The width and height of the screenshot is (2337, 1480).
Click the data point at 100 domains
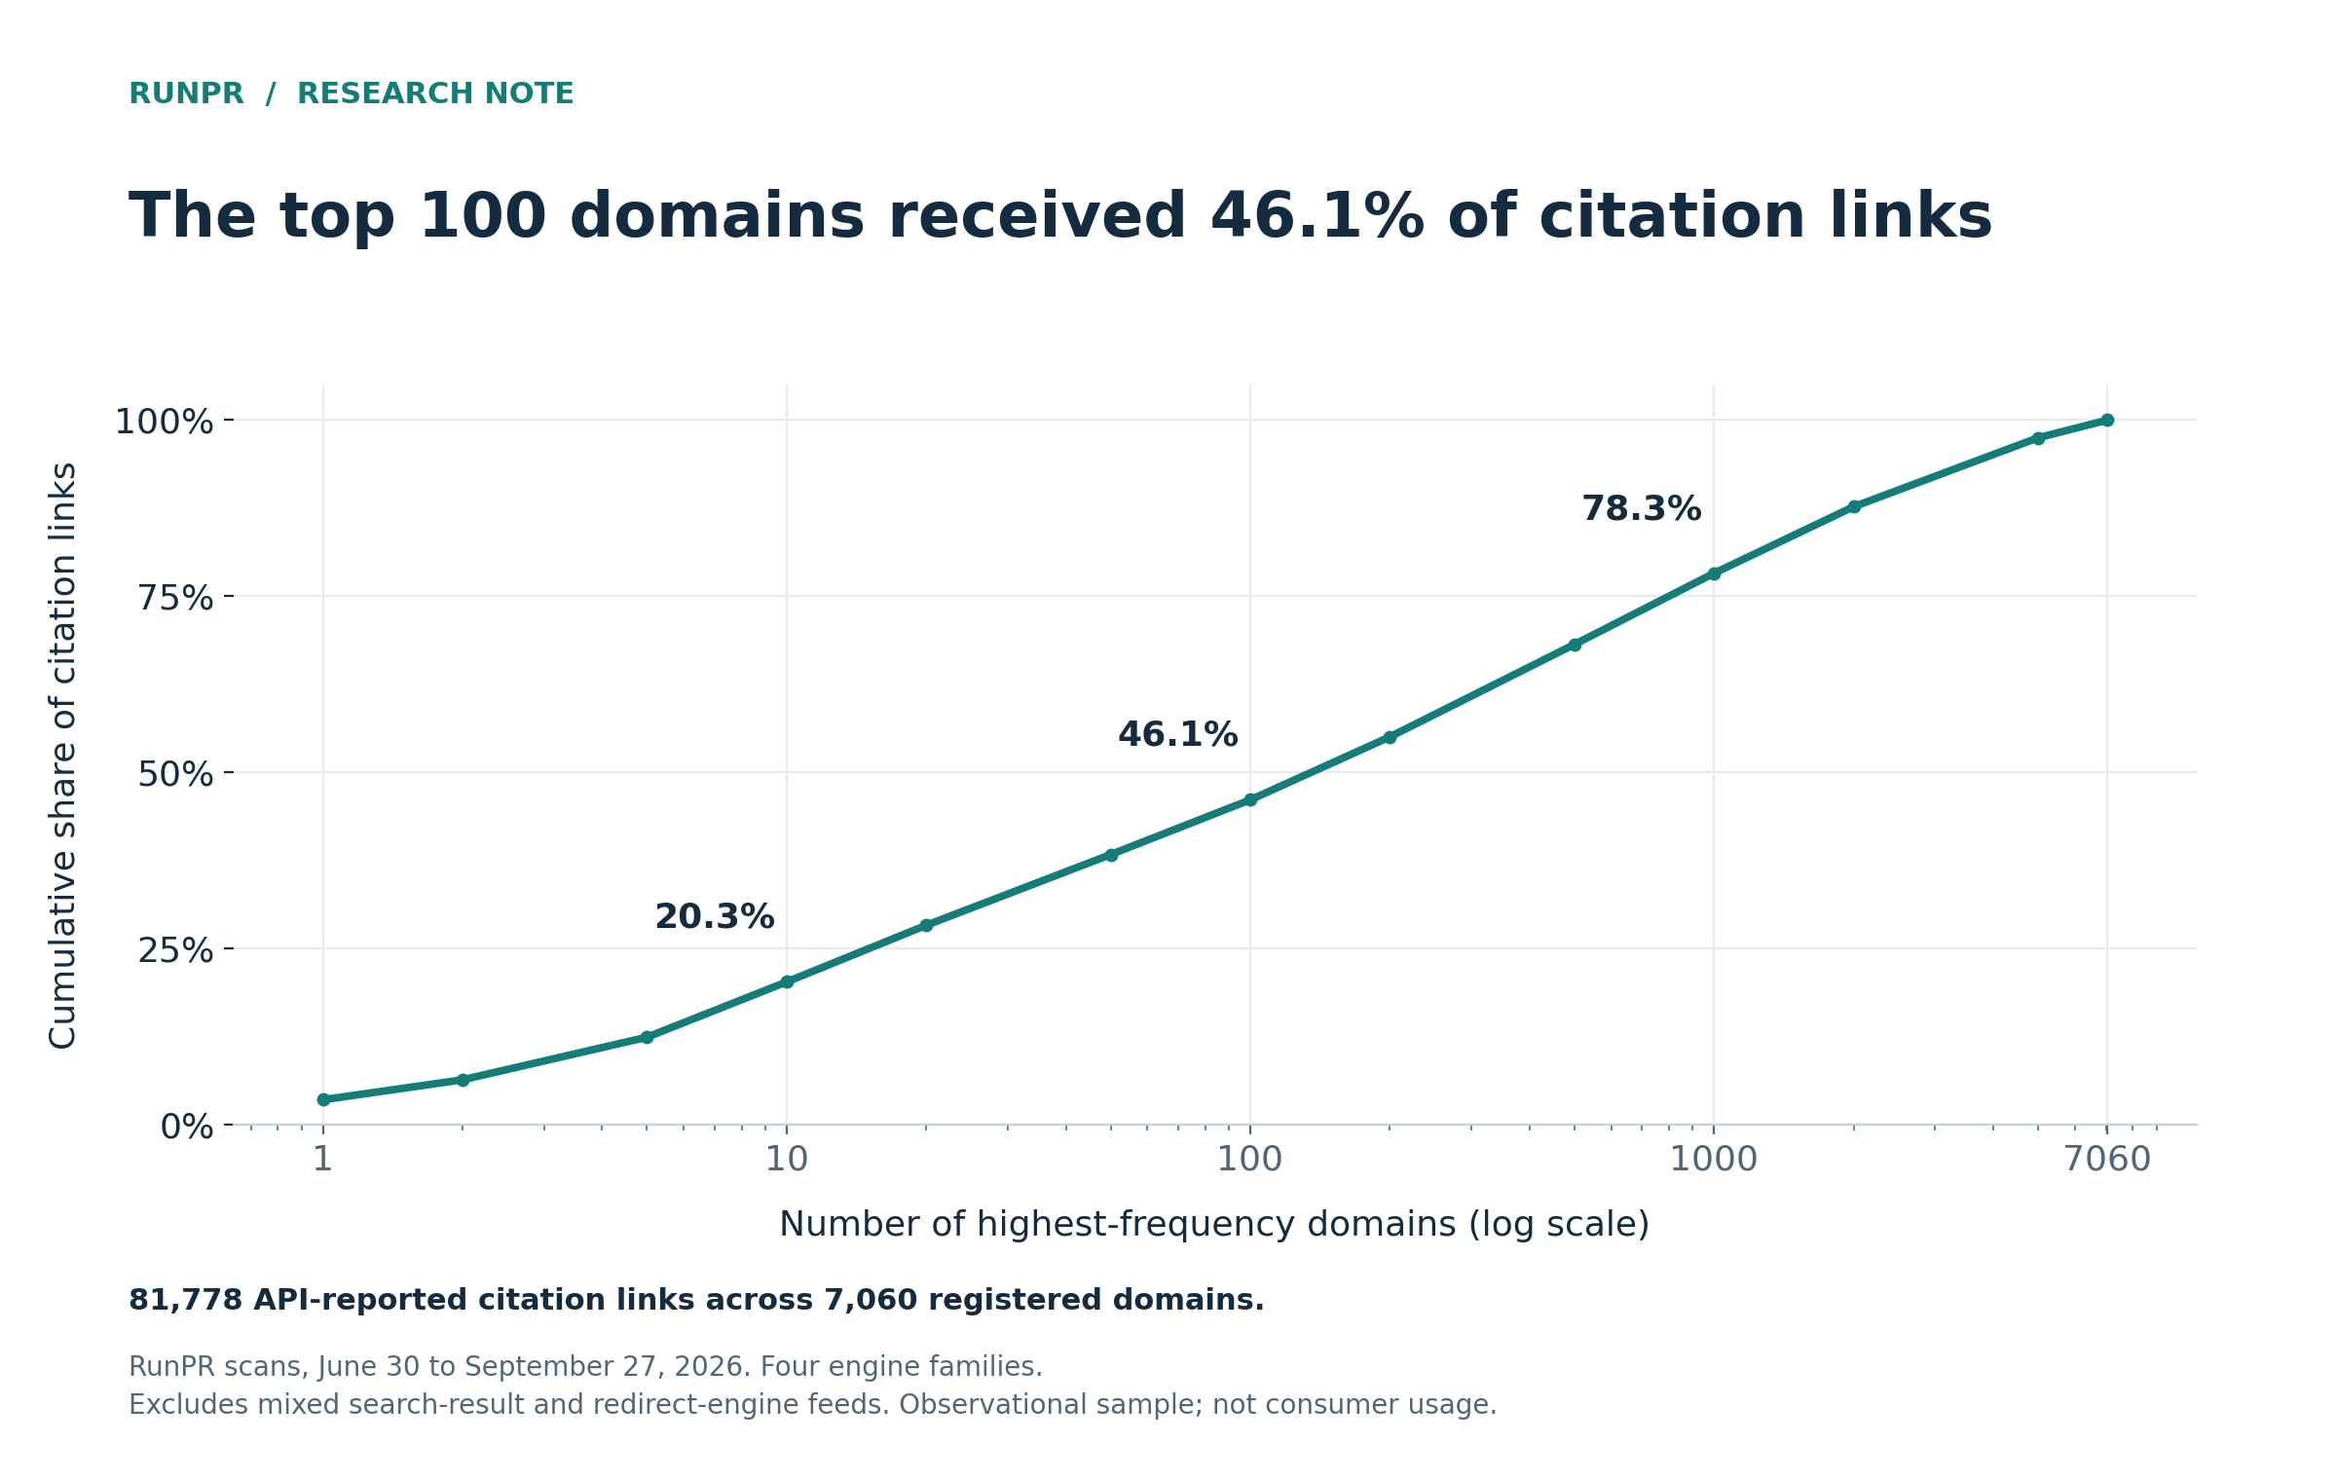tap(1250, 799)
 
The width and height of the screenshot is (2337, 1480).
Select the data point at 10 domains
tap(787, 981)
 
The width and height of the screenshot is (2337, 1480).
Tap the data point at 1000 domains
tap(1714, 573)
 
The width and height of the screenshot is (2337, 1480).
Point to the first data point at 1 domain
tap(323, 1099)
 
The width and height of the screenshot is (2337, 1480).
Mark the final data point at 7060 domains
tap(2107, 420)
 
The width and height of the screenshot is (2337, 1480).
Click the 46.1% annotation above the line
tap(1177, 735)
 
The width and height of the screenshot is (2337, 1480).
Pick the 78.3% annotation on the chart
tap(1641, 509)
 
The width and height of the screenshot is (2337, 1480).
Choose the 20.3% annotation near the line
tap(714, 917)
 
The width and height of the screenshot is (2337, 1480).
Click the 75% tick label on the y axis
tap(175, 598)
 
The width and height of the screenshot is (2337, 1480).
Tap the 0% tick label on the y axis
tap(187, 1127)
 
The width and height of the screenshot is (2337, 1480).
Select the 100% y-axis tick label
tap(164, 422)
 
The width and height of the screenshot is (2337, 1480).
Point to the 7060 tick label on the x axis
tap(2107, 1160)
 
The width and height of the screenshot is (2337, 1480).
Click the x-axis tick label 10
tap(787, 1160)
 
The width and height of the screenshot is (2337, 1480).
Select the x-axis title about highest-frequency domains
tap(1214, 1225)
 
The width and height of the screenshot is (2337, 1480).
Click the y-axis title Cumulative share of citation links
tap(63, 755)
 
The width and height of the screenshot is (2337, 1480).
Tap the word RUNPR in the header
tap(186, 94)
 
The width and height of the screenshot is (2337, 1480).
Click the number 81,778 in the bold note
tap(185, 1301)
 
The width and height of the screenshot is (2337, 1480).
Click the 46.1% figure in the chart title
tap(1317, 216)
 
